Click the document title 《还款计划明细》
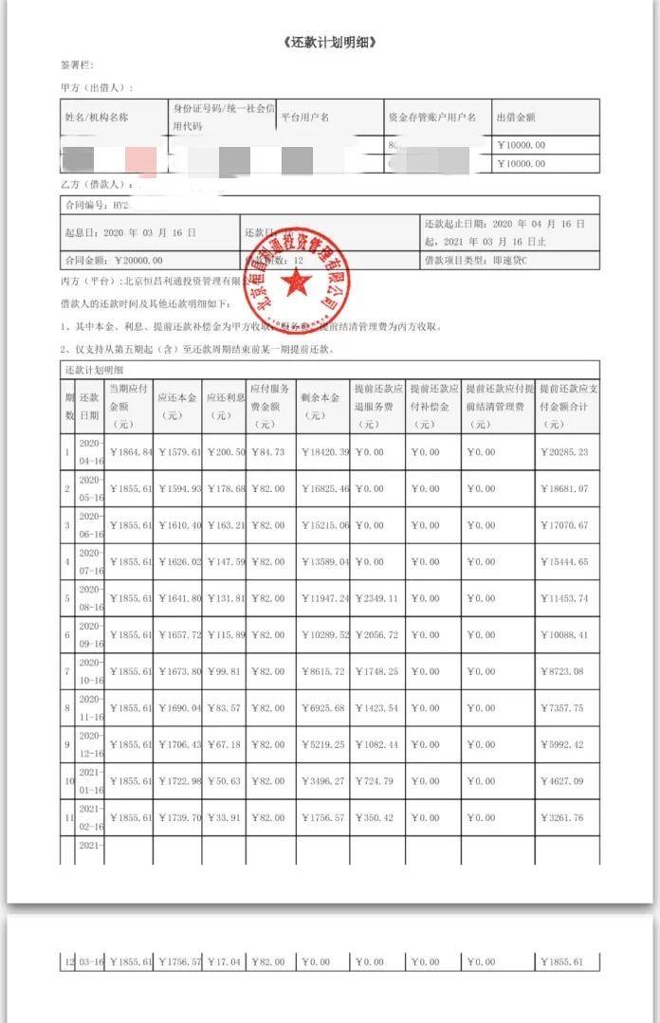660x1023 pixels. coord(329,45)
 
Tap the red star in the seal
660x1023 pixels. coord(297,281)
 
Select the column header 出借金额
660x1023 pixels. coord(517,118)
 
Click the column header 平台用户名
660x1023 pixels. coord(305,118)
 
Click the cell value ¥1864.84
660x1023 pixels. coord(131,452)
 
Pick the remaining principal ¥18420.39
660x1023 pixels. coord(323,452)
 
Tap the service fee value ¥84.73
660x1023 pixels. coord(270,452)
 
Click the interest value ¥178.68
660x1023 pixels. coord(226,488)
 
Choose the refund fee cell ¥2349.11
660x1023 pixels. coord(377,598)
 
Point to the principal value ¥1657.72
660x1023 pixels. coord(178,635)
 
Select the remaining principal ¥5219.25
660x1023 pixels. coord(323,744)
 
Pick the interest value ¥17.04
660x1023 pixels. coord(226,962)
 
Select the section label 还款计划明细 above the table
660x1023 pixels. coord(96,368)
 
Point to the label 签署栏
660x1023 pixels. coord(77,66)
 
